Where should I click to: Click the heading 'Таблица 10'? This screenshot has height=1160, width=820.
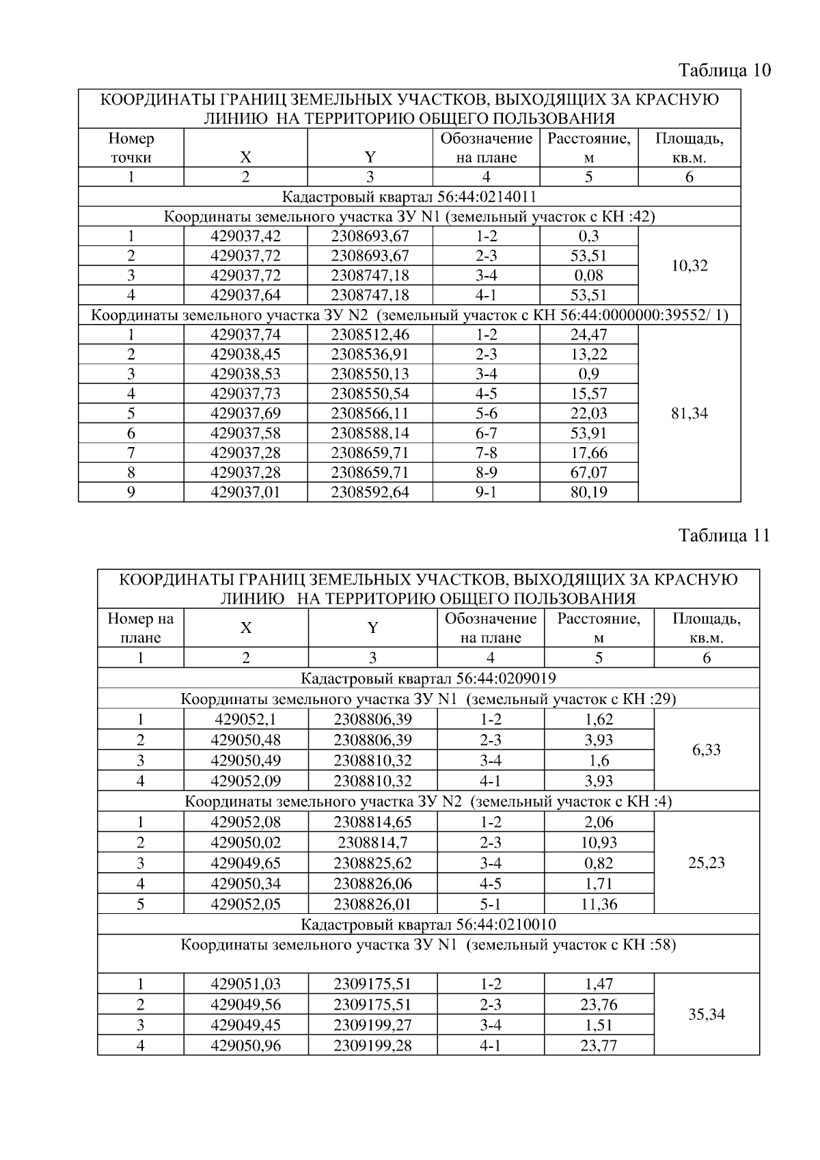tap(724, 70)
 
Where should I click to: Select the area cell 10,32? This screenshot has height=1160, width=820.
tap(689, 266)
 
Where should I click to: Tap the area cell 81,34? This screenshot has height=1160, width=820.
tap(689, 414)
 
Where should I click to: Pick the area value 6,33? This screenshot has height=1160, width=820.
tap(707, 750)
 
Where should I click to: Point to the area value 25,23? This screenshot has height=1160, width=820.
tap(707, 863)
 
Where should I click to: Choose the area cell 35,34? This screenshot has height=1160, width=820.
tap(707, 1014)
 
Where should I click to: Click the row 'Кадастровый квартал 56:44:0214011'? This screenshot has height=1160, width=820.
tap(409, 198)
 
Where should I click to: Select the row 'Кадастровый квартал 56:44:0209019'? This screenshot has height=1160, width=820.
tap(428, 679)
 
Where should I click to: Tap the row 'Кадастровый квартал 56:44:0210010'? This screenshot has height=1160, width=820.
tap(428, 925)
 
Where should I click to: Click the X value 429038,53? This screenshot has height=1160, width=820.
tap(245, 374)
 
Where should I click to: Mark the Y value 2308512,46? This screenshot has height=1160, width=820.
tap(370, 335)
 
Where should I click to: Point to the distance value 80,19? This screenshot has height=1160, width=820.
tap(589, 492)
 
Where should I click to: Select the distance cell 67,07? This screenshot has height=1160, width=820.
tap(589, 472)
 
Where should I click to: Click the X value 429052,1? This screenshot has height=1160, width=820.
tap(245, 720)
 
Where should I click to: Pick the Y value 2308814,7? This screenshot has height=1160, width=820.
tap(372, 842)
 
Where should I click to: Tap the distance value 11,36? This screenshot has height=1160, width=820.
tap(599, 904)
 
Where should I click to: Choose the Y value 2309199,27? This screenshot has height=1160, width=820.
tap(372, 1025)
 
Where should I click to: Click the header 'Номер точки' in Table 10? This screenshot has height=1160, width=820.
tap(131, 148)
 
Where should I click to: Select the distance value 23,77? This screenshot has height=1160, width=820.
tap(599, 1046)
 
